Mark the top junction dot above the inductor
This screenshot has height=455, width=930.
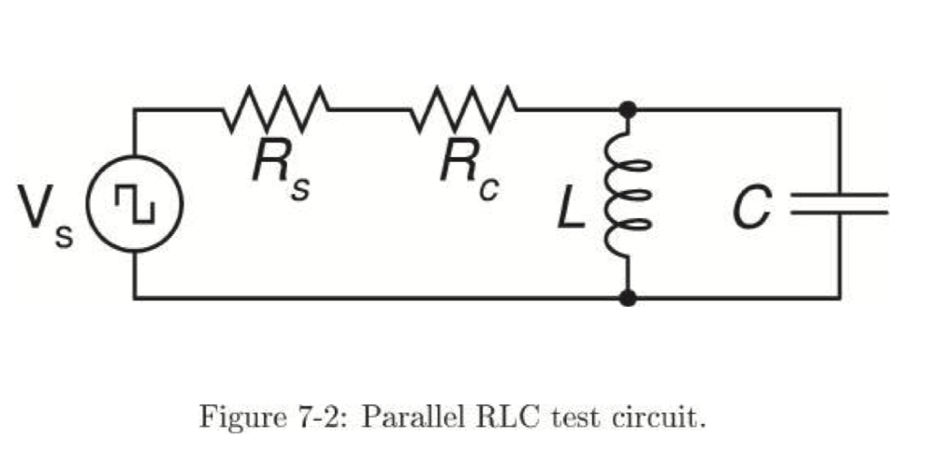(627, 109)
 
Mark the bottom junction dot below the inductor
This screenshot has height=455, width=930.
(627, 297)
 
